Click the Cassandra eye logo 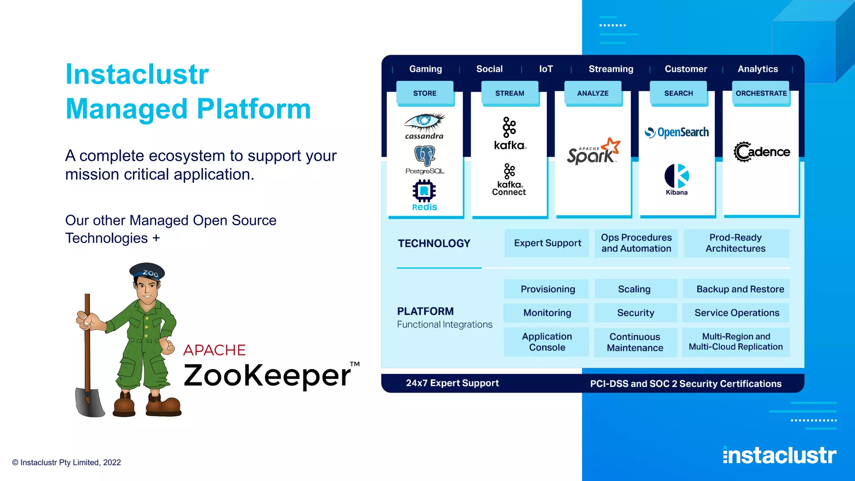tap(424, 122)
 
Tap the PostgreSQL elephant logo tap(425, 156)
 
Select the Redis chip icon tap(424, 191)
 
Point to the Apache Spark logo tap(593, 152)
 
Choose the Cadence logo tap(761, 152)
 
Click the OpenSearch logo tap(677, 132)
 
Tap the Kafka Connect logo tap(509, 180)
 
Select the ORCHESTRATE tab tap(761, 93)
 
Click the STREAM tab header tap(509, 93)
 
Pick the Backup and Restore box tap(740, 289)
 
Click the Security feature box tap(635, 313)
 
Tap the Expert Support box tap(547, 243)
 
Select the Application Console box tap(547, 342)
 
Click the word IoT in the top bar tap(546, 69)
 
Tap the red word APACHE tap(214, 350)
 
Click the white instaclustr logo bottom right tap(779, 455)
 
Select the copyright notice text tap(66, 462)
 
